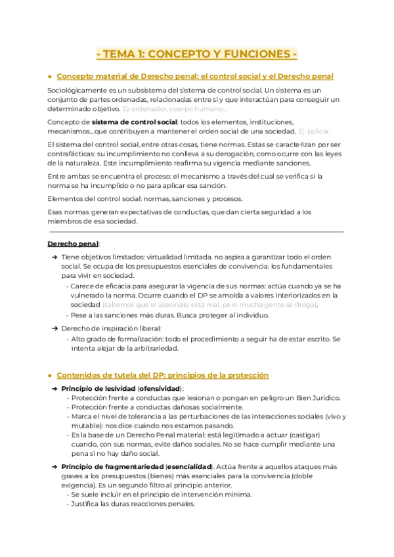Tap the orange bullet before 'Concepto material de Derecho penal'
[51, 77]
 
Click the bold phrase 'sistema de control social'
[133, 122]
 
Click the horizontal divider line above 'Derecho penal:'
[196, 232]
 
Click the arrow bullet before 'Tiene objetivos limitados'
[55, 257]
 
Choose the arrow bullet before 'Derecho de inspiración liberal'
[55, 327]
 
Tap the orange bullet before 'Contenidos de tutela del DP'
[51, 376]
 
